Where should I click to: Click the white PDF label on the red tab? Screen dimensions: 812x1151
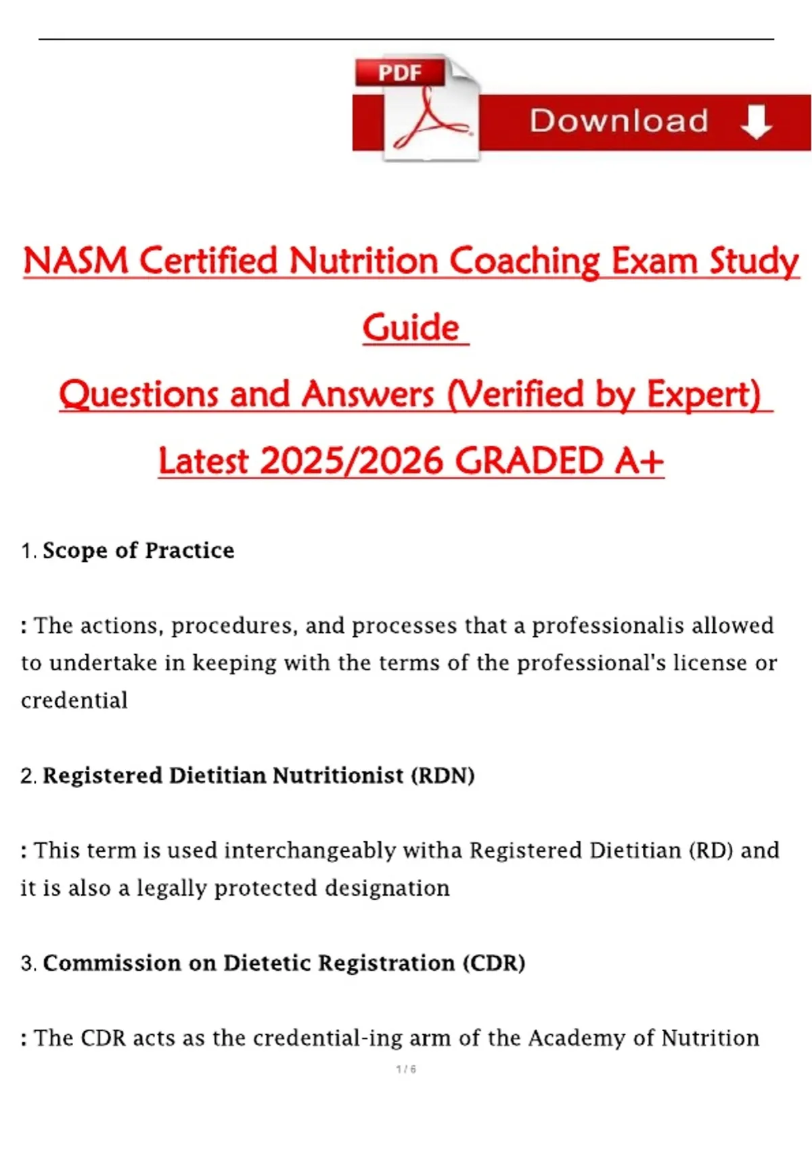(x=400, y=72)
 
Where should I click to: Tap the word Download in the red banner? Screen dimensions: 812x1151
(x=619, y=121)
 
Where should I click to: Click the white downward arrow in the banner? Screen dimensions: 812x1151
(x=756, y=122)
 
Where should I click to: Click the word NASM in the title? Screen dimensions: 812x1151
(x=76, y=261)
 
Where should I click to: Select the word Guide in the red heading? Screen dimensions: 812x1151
(x=411, y=327)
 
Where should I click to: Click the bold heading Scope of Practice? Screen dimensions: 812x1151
(x=139, y=550)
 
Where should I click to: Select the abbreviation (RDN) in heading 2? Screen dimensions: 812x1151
(x=443, y=776)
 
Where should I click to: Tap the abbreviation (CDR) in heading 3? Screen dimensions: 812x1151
(x=493, y=963)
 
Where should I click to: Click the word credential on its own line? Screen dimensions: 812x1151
(x=74, y=700)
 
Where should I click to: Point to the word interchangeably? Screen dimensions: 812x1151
(x=310, y=852)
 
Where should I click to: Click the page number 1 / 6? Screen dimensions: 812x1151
(x=406, y=1069)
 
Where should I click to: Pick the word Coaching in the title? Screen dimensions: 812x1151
(x=524, y=261)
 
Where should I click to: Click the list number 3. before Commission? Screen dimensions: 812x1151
(x=29, y=964)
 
